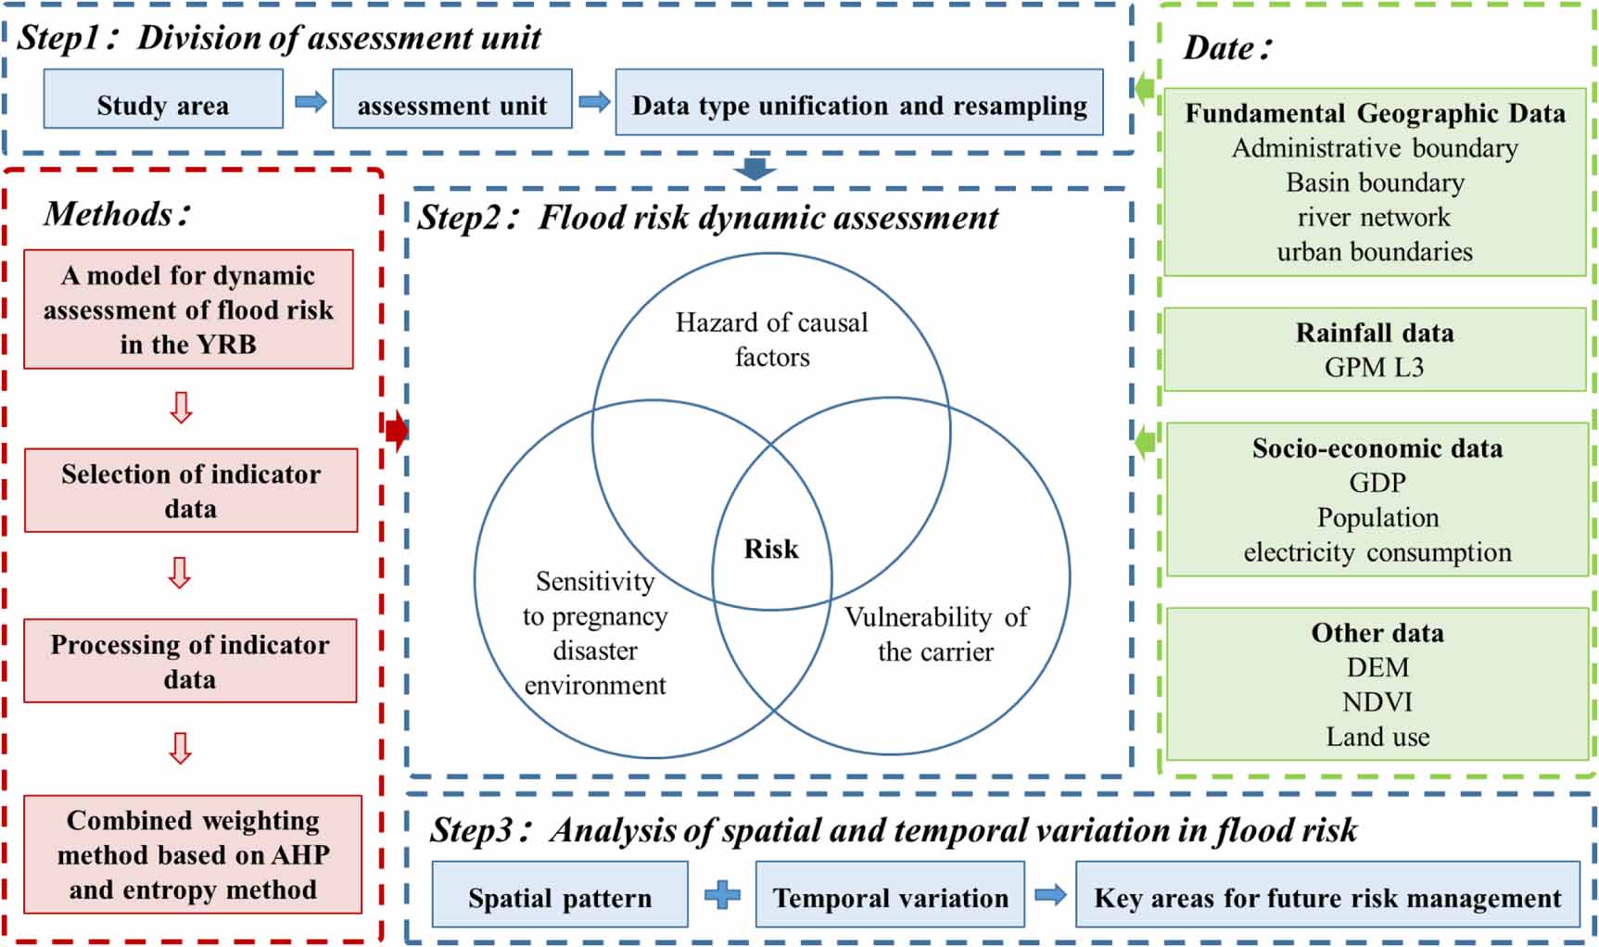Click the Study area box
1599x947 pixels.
[x=163, y=99]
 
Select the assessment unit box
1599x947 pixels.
[x=451, y=99]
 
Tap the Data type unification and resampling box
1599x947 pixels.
[x=859, y=102]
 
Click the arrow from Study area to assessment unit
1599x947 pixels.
[x=311, y=101]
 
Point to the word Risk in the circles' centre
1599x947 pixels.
[x=771, y=549]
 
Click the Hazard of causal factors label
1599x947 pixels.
[x=771, y=339]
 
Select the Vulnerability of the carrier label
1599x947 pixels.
[x=936, y=634]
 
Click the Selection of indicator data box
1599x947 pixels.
[x=191, y=490]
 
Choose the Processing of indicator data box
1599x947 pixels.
[x=190, y=661]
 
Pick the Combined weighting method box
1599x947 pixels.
[x=193, y=854]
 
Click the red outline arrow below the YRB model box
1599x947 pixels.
[x=182, y=408]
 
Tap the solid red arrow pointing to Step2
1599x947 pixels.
[x=397, y=430]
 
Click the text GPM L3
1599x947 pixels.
[x=1374, y=368]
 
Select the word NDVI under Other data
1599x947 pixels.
[x=1377, y=702]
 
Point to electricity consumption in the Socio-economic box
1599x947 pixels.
[x=1377, y=552]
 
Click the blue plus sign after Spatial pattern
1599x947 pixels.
[x=722, y=895]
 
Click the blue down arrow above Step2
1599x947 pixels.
[x=755, y=169]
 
